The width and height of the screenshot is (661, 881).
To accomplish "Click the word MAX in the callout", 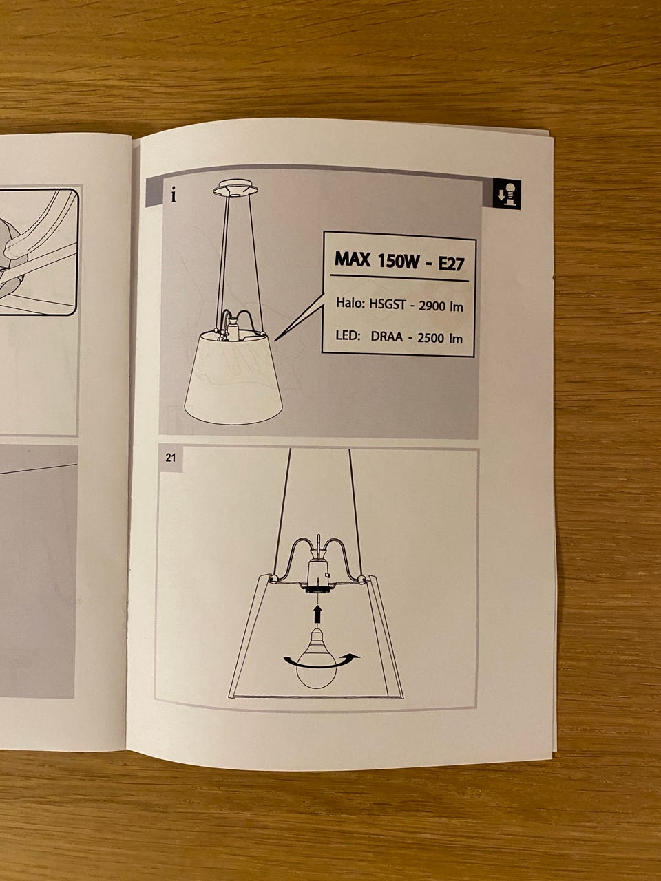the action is click(353, 259).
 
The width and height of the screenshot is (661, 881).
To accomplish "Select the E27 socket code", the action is click(451, 264).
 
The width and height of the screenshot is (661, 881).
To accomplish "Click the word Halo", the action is click(350, 303).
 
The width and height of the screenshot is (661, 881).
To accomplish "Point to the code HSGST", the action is click(387, 304).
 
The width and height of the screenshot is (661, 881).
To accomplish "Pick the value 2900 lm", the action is click(441, 306).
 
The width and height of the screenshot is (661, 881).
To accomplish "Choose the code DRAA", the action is click(386, 337).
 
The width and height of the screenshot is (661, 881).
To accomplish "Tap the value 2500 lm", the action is click(440, 338).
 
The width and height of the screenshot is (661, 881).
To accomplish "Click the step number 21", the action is click(171, 458).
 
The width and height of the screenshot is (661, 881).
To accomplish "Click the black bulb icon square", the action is click(507, 194).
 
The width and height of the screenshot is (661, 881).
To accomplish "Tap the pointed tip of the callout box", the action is click(275, 341).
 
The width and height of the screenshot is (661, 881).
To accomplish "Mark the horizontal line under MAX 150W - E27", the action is click(399, 278).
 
